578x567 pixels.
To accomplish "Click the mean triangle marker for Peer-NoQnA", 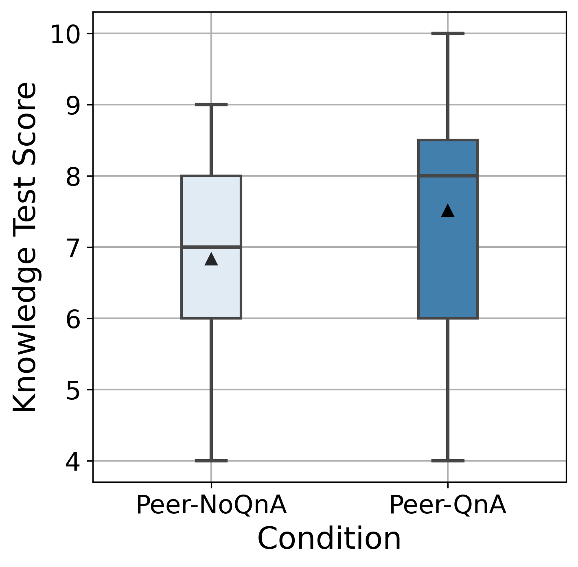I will pos(211,259).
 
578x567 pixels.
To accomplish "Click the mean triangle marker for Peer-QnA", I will pos(448,211).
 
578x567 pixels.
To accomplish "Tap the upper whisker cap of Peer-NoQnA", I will pos(211,105).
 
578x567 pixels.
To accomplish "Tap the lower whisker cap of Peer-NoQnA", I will pos(211,461).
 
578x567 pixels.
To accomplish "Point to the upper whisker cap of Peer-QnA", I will pos(448,33).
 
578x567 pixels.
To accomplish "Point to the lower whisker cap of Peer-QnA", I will pos(448,461).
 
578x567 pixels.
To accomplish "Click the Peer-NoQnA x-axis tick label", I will pos(211,506).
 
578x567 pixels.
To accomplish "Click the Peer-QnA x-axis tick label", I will pos(448,506).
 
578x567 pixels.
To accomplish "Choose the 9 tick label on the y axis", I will pos(73,106).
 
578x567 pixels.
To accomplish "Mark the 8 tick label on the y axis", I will pos(73,177).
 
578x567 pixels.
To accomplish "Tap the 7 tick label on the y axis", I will pos(73,249).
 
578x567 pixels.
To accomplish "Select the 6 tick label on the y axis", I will pos(73,320).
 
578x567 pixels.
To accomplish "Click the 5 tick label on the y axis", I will pos(73,391).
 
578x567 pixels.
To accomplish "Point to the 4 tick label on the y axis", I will pos(73,462).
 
